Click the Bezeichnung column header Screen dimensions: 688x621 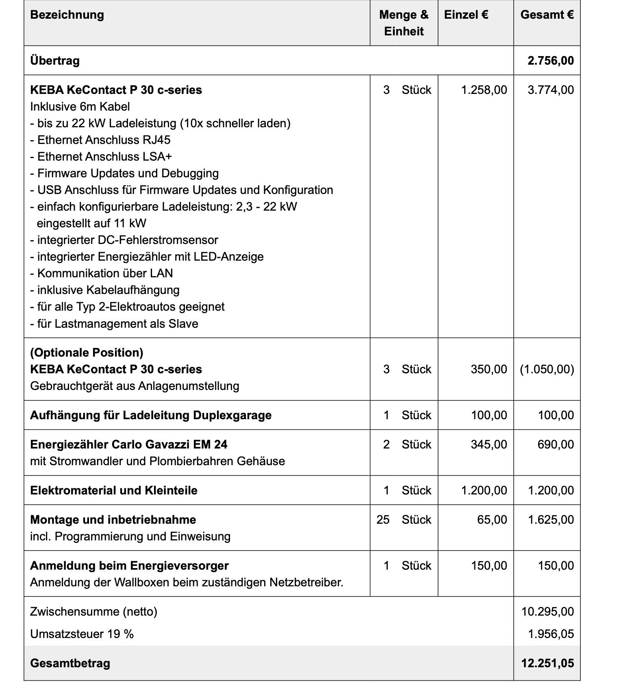[x=67, y=15]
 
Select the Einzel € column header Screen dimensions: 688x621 [x=466, y=15]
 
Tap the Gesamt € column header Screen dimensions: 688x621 [x=547, y=15]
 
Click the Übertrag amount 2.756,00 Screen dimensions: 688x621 [x=551, y=61]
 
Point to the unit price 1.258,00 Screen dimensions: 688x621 [x=484, y=90]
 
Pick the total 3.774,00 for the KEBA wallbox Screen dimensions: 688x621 [x=551, y=90]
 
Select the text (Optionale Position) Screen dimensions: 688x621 [x=87, y=353]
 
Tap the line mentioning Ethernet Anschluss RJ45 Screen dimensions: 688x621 [x=100, y=140]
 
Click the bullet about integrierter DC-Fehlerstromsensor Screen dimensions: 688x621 [x=124, y=240]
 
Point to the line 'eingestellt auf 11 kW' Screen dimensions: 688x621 [x=91, y=224]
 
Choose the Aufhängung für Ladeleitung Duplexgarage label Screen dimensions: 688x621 [x=151, y=416]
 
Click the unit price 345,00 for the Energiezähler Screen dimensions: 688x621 [x=489, y=444]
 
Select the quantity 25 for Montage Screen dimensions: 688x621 [x=383, y=520]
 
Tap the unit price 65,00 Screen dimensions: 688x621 [x=492, y=520]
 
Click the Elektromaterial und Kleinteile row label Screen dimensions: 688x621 [x=114, y=491]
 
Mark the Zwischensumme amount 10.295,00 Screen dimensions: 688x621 [x=547, y=612]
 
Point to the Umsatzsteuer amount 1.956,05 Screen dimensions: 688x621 [x=551, y=634]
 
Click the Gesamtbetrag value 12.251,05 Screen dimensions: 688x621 [x=547, y=664]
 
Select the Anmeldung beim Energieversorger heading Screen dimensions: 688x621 [x=129, y=566]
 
